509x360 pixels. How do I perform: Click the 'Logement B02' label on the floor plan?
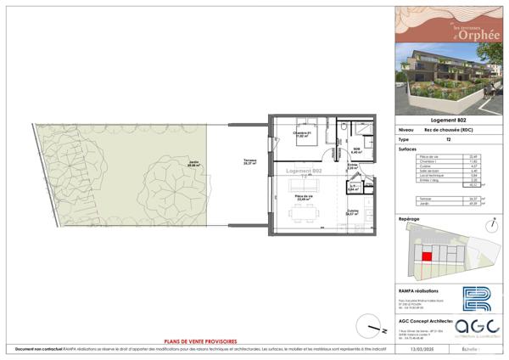304,172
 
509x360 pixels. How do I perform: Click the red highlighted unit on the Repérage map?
428,253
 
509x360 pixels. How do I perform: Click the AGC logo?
471,328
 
